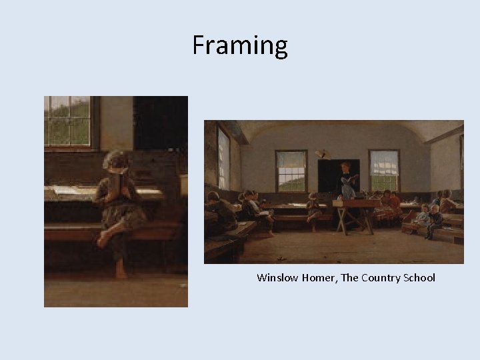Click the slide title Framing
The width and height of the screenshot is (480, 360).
240,45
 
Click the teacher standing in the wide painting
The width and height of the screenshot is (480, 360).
347,181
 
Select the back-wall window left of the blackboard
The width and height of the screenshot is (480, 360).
291,171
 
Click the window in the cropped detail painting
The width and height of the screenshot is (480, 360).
68,121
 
